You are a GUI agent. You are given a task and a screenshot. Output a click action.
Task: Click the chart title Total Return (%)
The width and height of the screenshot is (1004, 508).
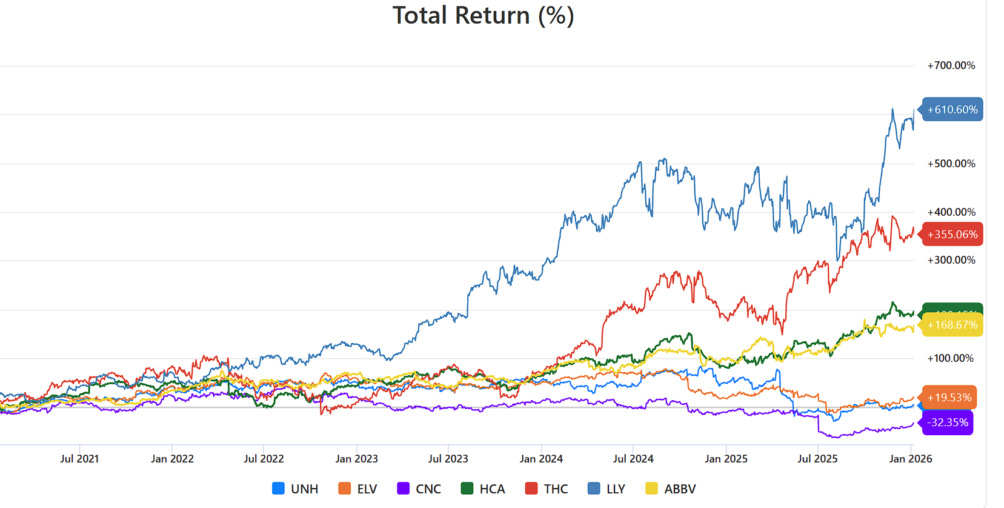(483, 16)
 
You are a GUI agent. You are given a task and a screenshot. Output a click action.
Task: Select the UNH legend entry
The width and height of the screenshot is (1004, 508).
(296, 489)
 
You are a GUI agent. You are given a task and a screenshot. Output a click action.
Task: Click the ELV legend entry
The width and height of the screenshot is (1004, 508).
(358, 489)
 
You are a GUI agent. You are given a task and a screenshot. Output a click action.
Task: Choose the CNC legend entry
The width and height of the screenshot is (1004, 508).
(419, 489)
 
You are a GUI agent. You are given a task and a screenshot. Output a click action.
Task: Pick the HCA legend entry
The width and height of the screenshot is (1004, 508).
(483, 489)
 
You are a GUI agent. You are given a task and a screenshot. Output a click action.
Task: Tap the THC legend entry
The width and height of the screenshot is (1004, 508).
(547, 489)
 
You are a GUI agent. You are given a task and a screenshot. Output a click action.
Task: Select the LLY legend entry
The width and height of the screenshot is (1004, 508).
(607, 489)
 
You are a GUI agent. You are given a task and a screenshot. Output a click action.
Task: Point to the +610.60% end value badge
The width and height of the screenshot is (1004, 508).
(952, 110)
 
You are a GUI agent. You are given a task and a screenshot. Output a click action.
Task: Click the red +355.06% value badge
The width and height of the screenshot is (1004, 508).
(952, 235)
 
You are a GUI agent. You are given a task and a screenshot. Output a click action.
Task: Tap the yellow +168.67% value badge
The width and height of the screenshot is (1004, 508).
(952, 325)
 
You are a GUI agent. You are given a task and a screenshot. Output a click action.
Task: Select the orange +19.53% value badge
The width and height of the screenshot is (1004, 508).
(949, 398)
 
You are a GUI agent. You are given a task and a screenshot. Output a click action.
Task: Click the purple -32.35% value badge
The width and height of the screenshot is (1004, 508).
(948, 423)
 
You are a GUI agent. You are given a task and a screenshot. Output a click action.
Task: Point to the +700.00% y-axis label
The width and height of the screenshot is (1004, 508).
(951, 65)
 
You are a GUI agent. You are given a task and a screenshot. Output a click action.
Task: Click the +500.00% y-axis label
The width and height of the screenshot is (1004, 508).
(951, 164)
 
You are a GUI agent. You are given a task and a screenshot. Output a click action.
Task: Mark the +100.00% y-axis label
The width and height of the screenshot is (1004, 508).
(950, 358)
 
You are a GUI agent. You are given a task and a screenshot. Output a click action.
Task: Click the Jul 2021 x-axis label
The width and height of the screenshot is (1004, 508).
(79, 459)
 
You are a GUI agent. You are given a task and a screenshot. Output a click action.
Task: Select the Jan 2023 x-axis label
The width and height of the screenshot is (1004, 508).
(356, 459)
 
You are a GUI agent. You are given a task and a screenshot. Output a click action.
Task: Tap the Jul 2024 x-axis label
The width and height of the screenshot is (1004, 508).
(633, 459)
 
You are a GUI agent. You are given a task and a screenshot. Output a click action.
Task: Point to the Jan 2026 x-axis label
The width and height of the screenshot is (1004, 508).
(910, 459)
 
